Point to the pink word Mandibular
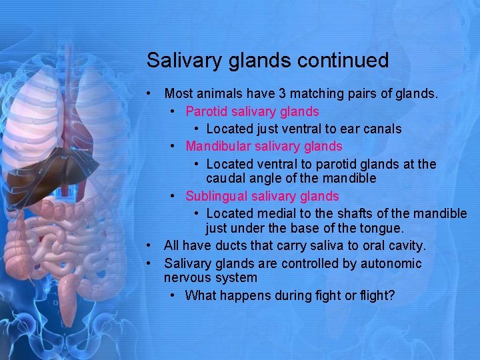[218, 145]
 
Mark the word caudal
[225, 179]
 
